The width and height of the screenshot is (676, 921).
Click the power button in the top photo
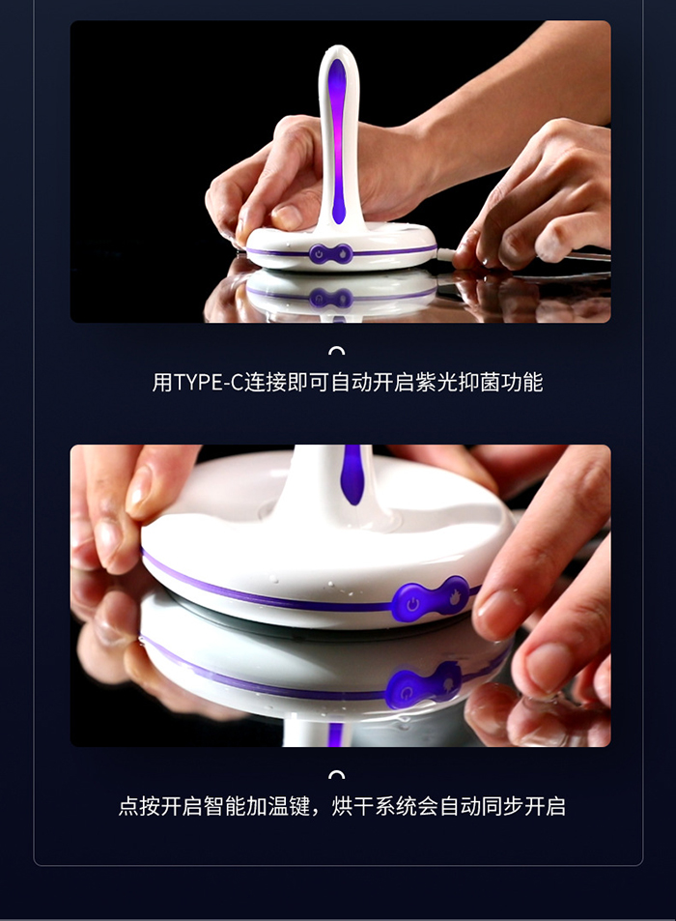point(320,254)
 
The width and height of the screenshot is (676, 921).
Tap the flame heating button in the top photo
point(343,254)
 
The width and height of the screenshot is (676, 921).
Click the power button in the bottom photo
point(412,603)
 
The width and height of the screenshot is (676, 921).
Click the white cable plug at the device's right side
point(446,254)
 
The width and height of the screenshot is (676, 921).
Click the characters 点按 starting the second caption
point(139,806)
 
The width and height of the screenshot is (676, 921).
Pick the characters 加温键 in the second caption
point(278,806)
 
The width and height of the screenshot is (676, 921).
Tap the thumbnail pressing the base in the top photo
point(288,216)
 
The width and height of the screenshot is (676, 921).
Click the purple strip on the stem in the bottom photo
point(352,474)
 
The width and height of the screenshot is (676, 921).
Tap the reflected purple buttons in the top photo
point(331,298)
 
